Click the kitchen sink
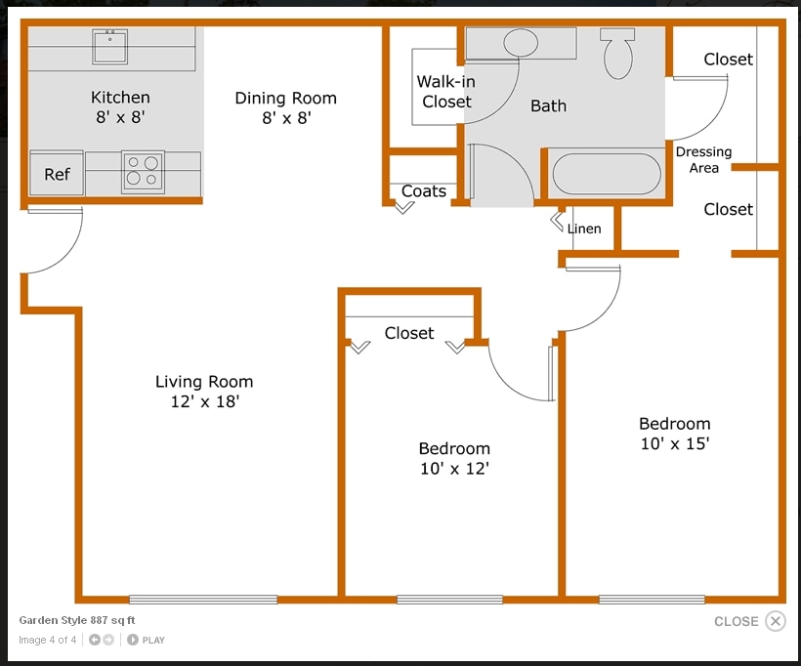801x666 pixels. click(x=111, y=46)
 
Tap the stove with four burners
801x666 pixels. click(x=143, y=171)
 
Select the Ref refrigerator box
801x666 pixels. click(x=57, y=174)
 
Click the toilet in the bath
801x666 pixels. click(x=618, y=54)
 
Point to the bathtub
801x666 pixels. click(x=607, y=176)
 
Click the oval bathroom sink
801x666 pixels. click(x=520, y=43)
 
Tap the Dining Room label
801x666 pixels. click(x=285, y=107)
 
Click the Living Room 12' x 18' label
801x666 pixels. click(x=204, y=392)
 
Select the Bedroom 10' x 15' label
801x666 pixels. click(x=674, y=433)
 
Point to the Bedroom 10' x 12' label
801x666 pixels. click(x=454, y=458)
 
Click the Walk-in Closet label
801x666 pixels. click(x=445, y=92)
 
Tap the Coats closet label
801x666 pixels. click(x=424, y=191)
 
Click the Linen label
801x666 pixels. click(x=584, y=229)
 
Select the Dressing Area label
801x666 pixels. click(x=703, y=159)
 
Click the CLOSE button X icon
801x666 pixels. click(x=775, y=621)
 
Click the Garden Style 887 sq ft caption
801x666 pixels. click(x=77, y=620)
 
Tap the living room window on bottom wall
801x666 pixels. click(x=203, y=599)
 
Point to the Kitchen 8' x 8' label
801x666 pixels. click(x=120, y=106)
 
